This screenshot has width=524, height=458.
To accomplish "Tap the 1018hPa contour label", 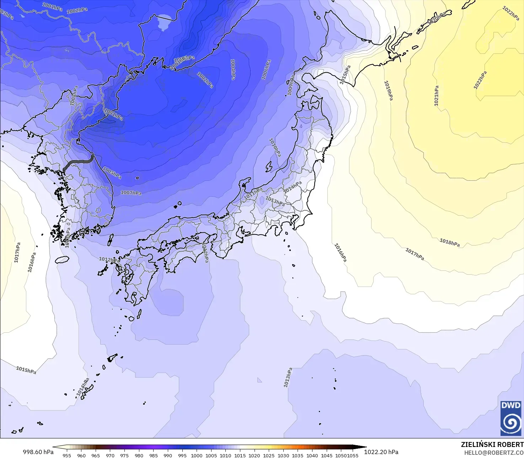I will pos(449,242).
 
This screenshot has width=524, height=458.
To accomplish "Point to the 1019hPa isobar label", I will pos(388,90).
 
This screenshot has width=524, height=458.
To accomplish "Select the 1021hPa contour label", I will pos(436,96).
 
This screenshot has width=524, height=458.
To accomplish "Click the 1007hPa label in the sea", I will pos(131,193).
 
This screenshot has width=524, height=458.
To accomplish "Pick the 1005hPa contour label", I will pos(112,173).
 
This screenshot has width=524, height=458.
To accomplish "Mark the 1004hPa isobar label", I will pos(233,69).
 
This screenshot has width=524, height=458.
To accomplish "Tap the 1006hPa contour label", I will pos(266,70).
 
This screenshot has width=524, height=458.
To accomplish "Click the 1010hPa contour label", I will pos(275,147).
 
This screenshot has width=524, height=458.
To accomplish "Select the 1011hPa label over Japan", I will pos(253,194).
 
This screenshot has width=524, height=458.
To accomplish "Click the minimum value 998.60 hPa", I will pos(38,452).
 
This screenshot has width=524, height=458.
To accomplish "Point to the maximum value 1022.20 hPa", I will pos(381,452).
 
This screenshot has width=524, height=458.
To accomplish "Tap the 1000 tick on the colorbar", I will pos(197,456).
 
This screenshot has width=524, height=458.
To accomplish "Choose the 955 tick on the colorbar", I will pos(67,456).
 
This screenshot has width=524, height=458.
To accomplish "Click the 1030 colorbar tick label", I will pos(283,456).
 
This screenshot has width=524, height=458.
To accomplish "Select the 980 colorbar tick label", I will pos(139,456).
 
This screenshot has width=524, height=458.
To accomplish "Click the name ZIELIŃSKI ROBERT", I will pos(492,444).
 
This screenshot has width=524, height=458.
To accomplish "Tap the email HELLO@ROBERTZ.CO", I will pos(494,453).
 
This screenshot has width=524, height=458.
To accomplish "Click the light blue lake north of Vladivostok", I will pos(164,22).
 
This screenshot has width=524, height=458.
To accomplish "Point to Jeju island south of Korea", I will pos(62,260).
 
